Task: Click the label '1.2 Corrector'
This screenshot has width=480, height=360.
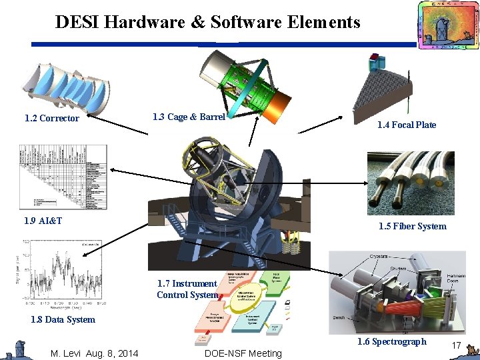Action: [x=52, y=119]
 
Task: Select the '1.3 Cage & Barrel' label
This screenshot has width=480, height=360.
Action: [x=189, y=117]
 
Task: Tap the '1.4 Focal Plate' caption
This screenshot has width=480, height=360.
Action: [x=407, y=125]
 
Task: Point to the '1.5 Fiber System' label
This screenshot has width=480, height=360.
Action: [x=413, y=226]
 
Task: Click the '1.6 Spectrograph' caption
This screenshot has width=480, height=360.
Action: [x=391, y=341]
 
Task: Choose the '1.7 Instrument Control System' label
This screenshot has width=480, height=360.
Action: [x=187, y=289]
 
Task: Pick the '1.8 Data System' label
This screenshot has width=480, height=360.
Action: [x=63, y=319]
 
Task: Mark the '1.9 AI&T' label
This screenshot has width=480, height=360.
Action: [x=43, y=221]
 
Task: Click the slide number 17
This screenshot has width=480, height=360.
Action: [x=457, y=345]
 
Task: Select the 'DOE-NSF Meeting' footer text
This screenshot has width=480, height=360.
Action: [x=243, y=353]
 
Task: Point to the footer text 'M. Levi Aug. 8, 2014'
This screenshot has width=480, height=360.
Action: [x=95, y=353]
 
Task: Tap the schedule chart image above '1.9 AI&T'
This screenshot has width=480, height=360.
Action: [x=63, y=177]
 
